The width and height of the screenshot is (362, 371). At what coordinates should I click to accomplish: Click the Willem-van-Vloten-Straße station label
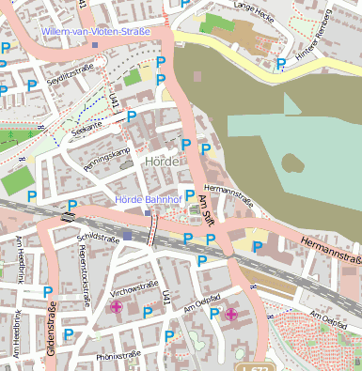click(x=97, y=31)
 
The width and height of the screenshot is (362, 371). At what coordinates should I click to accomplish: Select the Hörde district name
click(x=162, y=162)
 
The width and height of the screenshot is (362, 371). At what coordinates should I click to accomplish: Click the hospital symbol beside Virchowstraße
click(x=117, y=306)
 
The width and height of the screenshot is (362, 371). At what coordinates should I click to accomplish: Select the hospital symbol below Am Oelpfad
click(x=230, y=314)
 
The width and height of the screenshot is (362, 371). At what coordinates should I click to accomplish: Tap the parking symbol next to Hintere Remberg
click(x=281, y=65)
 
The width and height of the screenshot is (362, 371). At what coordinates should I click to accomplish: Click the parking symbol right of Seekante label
click(x=132, y=116)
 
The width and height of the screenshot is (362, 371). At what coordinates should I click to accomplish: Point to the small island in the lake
click(x=291, y=165)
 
